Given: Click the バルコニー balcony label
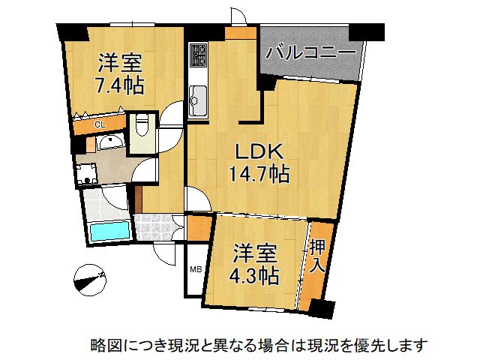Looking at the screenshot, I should (310, 53).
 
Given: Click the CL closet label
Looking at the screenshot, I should (99, 124).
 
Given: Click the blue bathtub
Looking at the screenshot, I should (109, 231).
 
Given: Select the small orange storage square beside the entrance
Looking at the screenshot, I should (199, 226).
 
